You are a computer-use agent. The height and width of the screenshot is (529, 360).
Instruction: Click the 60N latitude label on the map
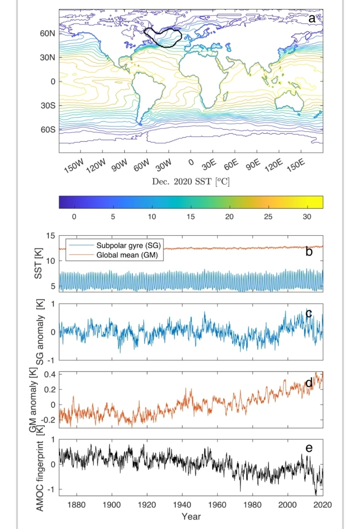tap(47, 33)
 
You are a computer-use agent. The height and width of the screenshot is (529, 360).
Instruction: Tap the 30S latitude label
tap(47, 106)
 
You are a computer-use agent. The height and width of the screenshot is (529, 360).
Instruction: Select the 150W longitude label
tap(74, 166)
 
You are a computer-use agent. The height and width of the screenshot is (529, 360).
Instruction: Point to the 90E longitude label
tap(253, 165)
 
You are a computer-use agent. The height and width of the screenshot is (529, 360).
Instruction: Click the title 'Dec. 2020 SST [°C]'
tap(191, 182)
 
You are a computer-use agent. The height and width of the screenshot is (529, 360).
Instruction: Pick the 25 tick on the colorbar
tap(268, 217)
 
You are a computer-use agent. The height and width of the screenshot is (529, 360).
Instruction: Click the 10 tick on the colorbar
tap(152, 217)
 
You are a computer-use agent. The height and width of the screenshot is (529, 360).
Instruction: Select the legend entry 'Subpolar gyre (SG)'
tap(128, 246)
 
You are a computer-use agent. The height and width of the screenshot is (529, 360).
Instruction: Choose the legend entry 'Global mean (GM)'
tap(127, 255)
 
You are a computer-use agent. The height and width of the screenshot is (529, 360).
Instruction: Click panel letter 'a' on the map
tap(312, 19)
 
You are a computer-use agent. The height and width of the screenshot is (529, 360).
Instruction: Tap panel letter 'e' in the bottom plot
tap(309, 448)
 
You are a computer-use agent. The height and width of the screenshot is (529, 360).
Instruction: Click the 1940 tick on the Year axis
tap(182, 505)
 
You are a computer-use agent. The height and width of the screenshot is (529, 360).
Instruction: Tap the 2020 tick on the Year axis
tap(323, 505)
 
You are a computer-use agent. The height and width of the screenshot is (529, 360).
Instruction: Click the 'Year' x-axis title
tap(191, 517)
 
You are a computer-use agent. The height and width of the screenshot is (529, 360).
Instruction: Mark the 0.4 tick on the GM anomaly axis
tap(49, 374)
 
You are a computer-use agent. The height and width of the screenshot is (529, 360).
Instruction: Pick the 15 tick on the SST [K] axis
tap(50, 236)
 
